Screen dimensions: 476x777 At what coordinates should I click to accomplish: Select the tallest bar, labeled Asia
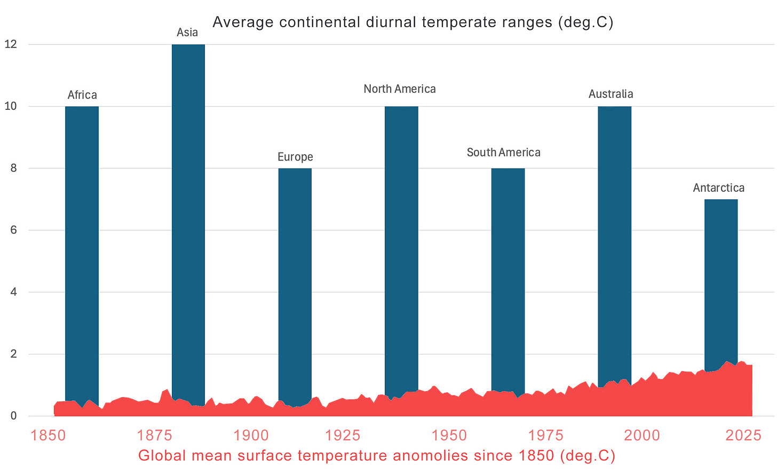point(188,213)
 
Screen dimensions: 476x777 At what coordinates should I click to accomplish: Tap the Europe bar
point(295,277)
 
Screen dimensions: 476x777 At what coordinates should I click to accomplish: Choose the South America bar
point(508,277)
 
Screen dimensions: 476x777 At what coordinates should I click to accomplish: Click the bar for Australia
point(614,240)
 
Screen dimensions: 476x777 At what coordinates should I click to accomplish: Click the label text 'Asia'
point(187,33)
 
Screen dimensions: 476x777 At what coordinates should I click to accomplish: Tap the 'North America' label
point(400,89)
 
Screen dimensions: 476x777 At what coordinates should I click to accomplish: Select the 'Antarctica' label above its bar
point(718,188)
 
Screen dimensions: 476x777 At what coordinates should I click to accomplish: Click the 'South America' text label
point(503,152)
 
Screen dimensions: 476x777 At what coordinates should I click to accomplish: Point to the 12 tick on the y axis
point(11,44)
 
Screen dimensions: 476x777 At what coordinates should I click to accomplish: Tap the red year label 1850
point(48,435)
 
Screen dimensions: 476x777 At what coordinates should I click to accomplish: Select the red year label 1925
point(343,435)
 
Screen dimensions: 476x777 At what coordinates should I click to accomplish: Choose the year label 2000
point(642,435)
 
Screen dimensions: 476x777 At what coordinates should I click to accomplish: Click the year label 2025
point(743,435)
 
